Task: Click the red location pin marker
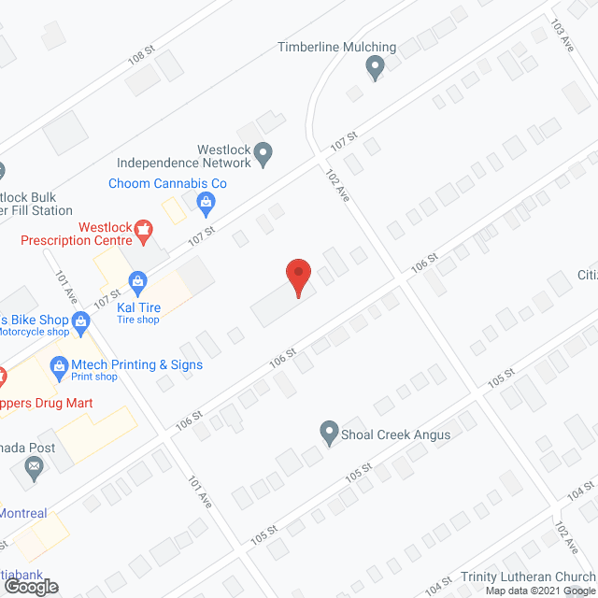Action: click(297, 278)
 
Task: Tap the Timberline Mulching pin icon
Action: click(376, 66)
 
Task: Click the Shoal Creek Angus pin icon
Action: click(329, 434)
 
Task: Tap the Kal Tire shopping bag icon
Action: click(137, 280)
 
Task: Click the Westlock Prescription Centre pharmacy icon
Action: click(143, 227)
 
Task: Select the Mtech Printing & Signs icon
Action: click(59, 363)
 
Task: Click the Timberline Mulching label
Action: click(337, 48)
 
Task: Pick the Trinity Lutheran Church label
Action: click(527, 577)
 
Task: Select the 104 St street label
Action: click(579, 490)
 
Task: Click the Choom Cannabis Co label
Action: click(167, 184)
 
